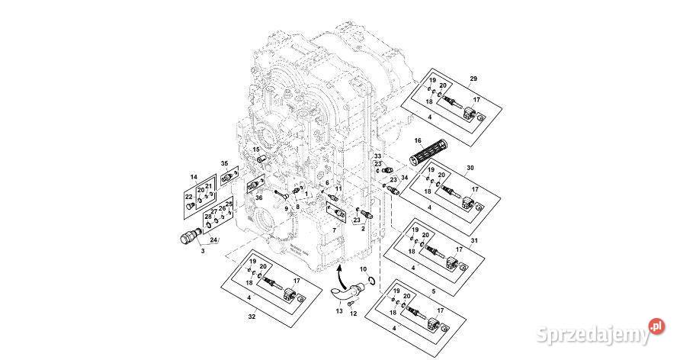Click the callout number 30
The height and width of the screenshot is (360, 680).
pyautogui.click(x=470, y=167)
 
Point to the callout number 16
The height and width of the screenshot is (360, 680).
pyautogui.click(x=418, y=140)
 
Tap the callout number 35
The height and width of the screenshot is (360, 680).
pyautogui.click(x=224, y=163)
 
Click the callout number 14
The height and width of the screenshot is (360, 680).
pyautogui.click(x=194, y=176)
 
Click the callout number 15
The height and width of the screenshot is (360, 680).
pyautogui.click(x=256, y=149)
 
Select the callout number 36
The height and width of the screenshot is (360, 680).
pyautogui.click(x=259, y=198)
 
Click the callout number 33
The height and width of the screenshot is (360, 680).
pyautogui.click(x=377, y=156)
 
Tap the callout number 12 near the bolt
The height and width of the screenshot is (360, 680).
pyautogui.click(x=352, y=313)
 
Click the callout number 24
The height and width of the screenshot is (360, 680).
pyautogui.click(x=214, y=241)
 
